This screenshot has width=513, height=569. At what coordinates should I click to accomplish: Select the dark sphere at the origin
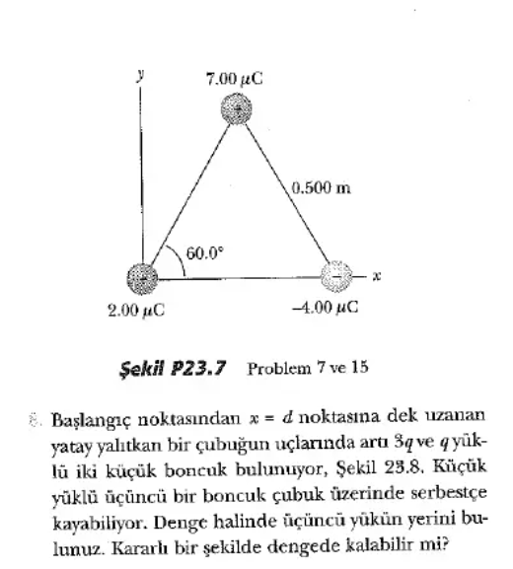click(141, 276)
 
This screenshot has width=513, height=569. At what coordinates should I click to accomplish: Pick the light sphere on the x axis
click(337, 276)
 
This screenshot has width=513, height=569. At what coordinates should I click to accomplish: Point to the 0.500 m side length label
click(322, 187)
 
